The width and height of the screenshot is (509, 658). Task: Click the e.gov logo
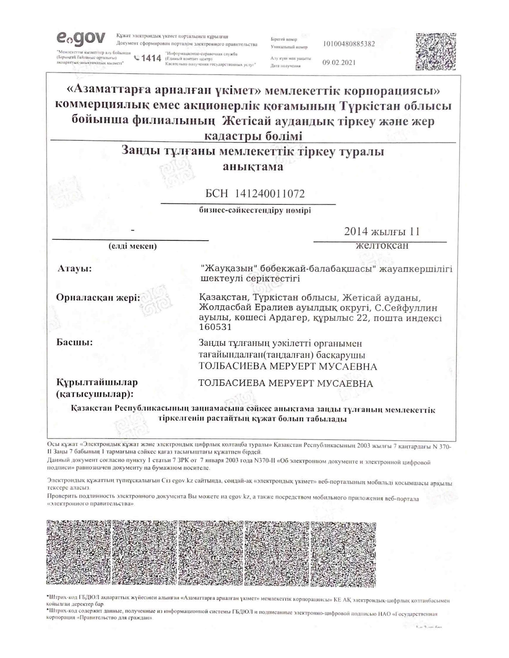[x=81, y=39]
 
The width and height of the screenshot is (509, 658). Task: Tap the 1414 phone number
[x=148, y=58]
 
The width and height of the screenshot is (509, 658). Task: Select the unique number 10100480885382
[x=349, y=44]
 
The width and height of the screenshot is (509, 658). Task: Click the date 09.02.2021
[x=339, y=63]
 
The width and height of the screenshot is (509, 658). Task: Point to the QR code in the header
[x=435, y=51]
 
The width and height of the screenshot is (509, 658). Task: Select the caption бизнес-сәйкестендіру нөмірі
[x=255, y=211]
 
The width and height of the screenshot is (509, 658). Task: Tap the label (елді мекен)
[x=133, y=246]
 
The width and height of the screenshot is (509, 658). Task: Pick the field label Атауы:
[x=75, y=268]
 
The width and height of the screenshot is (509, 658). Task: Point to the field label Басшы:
[x=75, y=343]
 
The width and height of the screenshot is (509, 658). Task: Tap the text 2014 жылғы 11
[x=382, y=231]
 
